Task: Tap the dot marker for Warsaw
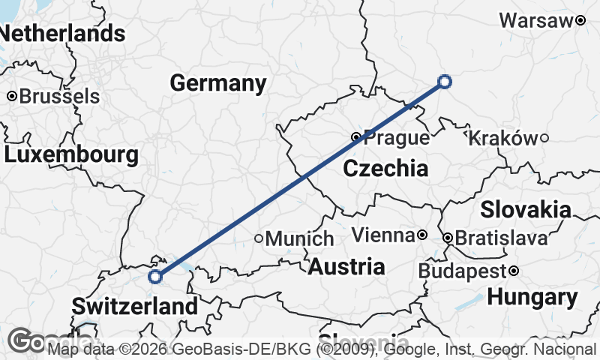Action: (580, 21)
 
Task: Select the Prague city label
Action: (397, 138)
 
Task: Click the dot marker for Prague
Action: (356, 137)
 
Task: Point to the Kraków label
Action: (502, 138)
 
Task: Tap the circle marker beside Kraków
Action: (544, 138)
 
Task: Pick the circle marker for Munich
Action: (259, 238)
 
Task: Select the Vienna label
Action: (383, 235)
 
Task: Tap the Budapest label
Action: (462, 271)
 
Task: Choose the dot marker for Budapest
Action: (513, 271)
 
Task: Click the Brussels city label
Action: (58, 97)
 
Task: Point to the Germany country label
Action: (218, 82)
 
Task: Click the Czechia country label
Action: (385, 169)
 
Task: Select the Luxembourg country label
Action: (71, 155)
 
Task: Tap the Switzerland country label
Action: (135, 306)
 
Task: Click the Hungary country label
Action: (532, 297)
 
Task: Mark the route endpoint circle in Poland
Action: (445, 82)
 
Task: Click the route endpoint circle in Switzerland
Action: (155, 277)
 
